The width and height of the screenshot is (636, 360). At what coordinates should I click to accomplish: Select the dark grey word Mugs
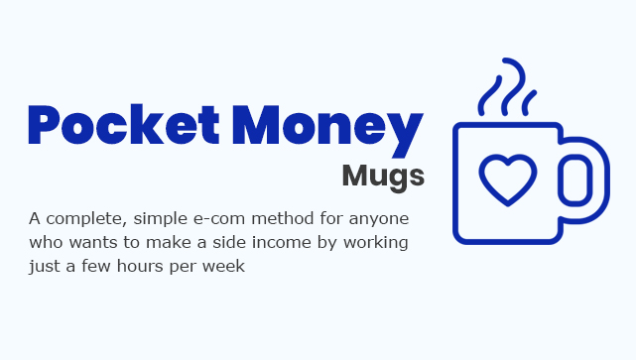coord(383,176)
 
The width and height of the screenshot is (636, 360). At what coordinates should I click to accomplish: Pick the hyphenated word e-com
coord(224,217)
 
